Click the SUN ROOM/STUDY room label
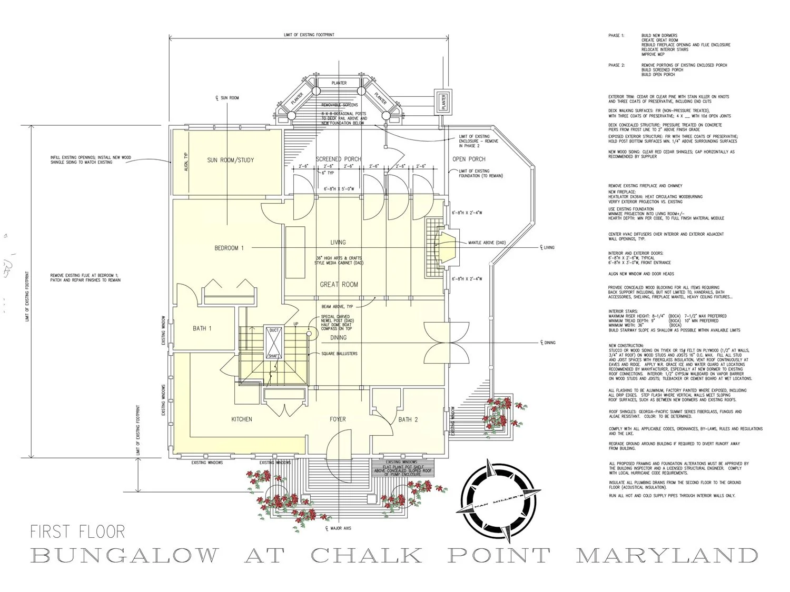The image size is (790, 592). [230, 160]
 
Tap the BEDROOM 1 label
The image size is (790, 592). [229, 248]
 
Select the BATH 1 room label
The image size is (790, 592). [202, 328]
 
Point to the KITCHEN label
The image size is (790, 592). [242, 419]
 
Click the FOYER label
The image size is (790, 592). [338, 419]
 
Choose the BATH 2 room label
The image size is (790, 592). [408, 419]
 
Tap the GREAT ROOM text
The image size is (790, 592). [339, 285]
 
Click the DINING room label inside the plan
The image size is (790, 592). [338, 337]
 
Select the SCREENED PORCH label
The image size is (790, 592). [338, 159]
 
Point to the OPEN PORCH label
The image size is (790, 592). [469, 159]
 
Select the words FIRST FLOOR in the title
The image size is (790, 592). [78, 531]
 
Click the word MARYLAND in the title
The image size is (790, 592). [667, 556]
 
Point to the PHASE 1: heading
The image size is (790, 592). [616, 36]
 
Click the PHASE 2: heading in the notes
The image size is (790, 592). [616, 65]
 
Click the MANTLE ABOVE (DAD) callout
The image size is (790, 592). [487, 243]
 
